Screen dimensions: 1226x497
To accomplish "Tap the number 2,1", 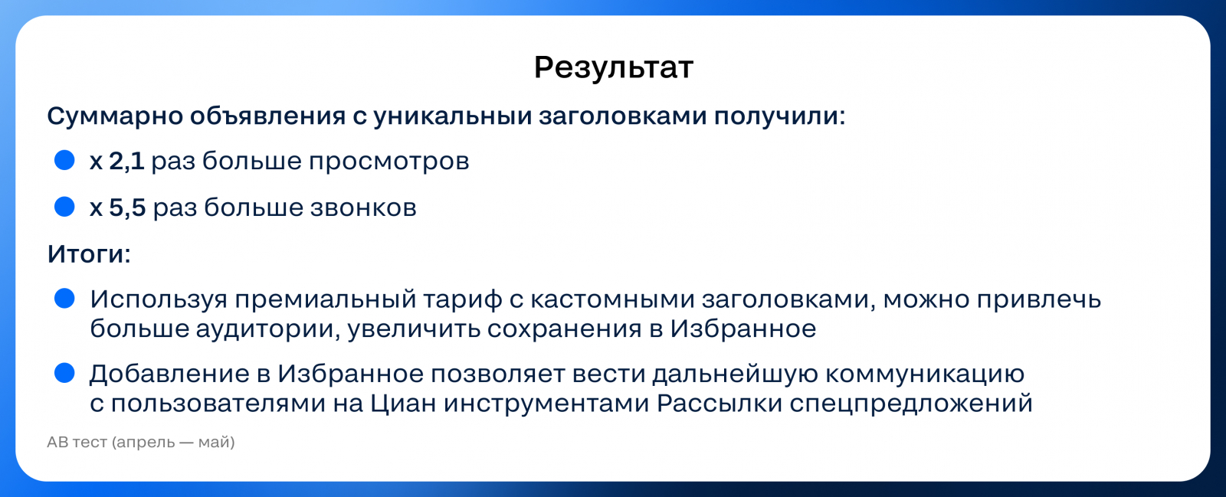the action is tap(126, 162).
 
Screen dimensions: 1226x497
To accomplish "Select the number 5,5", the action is tap(127, 208).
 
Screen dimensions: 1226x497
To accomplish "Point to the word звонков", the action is tap(363, 208).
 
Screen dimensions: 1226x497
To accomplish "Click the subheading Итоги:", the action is tap(89, 254).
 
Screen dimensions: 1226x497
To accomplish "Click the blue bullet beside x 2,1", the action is tap(64, 160).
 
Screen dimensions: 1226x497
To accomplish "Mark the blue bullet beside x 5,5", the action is tap(64, 207).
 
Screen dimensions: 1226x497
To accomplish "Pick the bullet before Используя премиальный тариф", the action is tap(64, 299).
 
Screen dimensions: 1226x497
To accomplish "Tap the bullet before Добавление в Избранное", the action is tap(64, 373).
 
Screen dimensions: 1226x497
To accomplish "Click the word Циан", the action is tap(403, 404).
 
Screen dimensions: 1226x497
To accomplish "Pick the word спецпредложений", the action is tap(911, 404).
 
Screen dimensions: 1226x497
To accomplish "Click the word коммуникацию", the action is tap(924, 374).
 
